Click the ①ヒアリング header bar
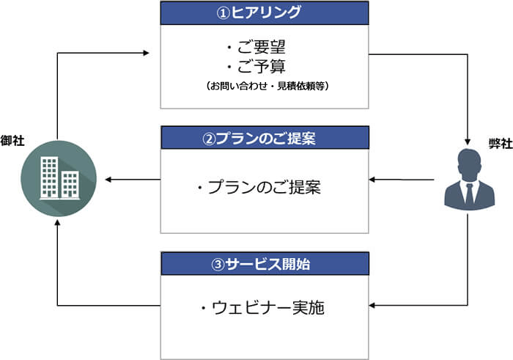[x=265, y=13]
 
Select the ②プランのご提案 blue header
[x=265, y=138]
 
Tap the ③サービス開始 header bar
[x=265, y=264]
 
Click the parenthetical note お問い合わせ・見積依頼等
[x=267, y=86]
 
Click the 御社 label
[x=12, y=140]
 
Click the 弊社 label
[x=501, y=144]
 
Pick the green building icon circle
[x=59, y=178]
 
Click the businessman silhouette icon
[x=470, y=180]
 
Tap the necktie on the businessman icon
[x=470, y=194]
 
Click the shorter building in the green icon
[x=70, y=185]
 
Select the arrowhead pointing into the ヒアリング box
[x=146, y=53]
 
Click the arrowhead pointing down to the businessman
[x=468, y=142]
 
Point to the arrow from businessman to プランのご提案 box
[x=402, y=180]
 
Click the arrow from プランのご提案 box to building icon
[x=133, y=180]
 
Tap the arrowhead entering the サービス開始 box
[x=372, y=305]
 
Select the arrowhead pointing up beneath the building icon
[x=58, y=223]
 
